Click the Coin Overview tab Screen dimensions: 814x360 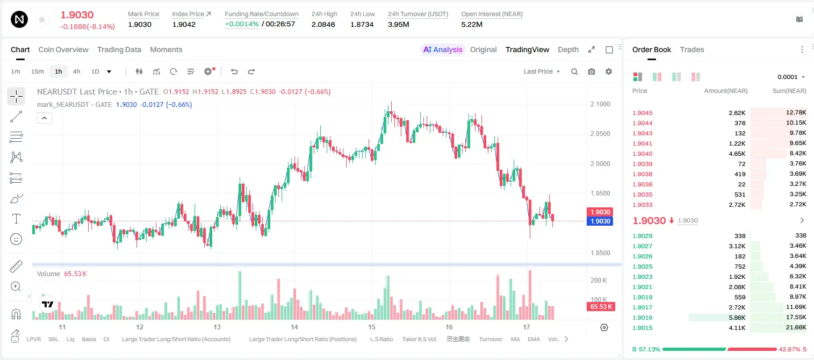63,49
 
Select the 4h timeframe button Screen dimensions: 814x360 76,71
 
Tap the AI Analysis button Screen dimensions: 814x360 443,49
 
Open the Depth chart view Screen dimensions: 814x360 568,49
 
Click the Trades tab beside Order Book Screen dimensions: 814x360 692,49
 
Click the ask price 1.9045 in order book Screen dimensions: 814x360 642,113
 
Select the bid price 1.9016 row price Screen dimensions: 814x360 642,318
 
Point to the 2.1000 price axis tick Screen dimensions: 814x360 600,104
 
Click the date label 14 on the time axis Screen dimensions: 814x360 294,327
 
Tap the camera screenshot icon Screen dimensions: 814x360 592,71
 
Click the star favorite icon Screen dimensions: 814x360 42,19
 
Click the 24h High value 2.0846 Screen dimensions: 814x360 323,24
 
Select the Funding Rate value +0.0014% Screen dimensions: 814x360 242,24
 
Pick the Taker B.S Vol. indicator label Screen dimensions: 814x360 419,339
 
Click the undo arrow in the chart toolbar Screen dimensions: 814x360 234,71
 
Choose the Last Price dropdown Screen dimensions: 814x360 542,71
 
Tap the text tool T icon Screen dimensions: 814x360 16,219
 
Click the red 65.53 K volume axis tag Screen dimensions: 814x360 601,307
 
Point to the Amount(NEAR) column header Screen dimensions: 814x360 726,91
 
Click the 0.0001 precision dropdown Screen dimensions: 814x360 791,77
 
